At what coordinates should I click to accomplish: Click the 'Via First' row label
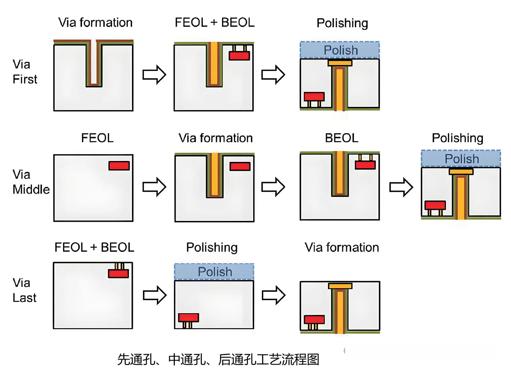[x=25, y=72]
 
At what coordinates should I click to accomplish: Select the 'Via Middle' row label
[x=31, y=182]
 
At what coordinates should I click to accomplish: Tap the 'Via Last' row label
[x=24, y=290]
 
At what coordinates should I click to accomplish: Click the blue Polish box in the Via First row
[x=340, y=50]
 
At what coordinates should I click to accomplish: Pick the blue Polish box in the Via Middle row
[x=461, y=159]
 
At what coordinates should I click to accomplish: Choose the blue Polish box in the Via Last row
[x=214, y=272]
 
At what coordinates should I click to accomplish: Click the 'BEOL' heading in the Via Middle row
[x=341, y=138]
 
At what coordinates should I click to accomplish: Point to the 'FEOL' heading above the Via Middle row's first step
[x=97, y=138]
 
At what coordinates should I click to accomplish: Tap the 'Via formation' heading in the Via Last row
[x=342, y=247]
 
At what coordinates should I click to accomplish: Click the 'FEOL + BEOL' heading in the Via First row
[x=215, y=22]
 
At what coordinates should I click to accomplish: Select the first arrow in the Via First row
[x=154, y=75]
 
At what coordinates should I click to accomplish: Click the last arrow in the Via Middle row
[x=401, y=187]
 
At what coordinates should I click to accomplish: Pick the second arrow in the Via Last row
[x=274, y=295]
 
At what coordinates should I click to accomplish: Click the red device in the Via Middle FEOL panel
[x=119, y=166]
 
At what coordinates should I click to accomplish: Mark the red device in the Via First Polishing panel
[x=314, y=96]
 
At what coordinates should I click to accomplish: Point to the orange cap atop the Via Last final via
[x=340, y=286]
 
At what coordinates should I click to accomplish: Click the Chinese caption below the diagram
[x=218, y=359]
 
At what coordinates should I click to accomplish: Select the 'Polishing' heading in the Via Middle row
[x=458, y=138]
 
